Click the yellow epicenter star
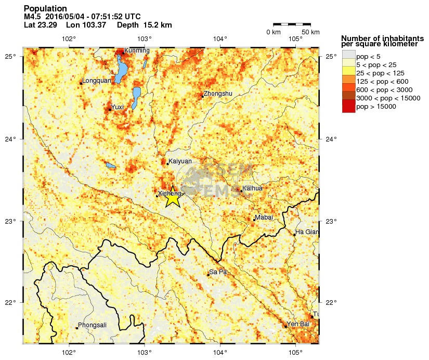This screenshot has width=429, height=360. (173, 197)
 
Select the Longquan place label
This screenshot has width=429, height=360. (97, 81)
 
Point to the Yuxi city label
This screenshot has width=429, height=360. (118, 107)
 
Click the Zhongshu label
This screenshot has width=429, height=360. (218, 94)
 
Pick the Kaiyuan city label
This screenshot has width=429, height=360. (180, 162)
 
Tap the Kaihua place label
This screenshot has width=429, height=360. (253, 188)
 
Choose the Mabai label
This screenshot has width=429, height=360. (264, 217)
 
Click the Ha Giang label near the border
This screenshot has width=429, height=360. (307, 232)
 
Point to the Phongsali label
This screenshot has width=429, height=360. (92, 325)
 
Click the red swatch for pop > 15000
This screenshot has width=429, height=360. (348, 107)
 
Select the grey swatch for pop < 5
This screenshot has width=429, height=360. (348, 55)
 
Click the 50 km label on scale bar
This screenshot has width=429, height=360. (310, 32)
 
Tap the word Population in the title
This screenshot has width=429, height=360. (45, 8)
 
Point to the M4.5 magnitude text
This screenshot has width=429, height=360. (33, 17)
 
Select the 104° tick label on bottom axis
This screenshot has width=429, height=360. (220, 352)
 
